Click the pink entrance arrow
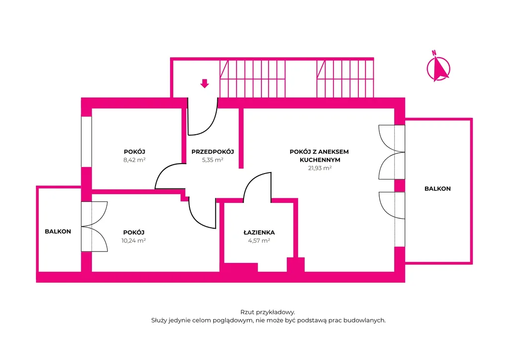coord(204,84)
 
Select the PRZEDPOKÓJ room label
coord(213,152)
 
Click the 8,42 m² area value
coord(134,160)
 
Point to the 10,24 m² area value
coord(134,241)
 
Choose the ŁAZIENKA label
coord(259,232)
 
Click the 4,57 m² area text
coord(259,241)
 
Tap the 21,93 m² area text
coord(320,168)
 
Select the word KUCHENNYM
coord(320,160)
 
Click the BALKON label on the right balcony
coord(437,188)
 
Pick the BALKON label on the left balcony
coord(58,231)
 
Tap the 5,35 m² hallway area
coord(213,160)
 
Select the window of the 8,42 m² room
coord(86,142)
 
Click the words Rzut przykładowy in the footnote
coord(267,312)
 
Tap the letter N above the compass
coord(433,53)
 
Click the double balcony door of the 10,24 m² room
coord(94,227)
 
